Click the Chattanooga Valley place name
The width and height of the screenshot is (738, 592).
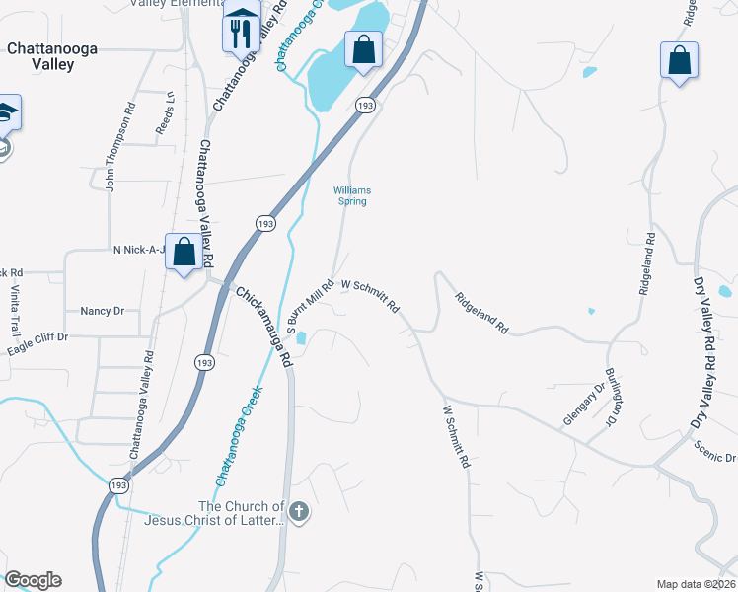(40, 55)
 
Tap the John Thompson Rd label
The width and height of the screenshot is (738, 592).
(111, 154)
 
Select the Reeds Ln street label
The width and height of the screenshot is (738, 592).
(165, 113)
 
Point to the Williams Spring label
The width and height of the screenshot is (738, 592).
(350, 195)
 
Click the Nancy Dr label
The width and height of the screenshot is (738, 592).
(102, 311)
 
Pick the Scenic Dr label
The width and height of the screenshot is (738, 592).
(714, 457)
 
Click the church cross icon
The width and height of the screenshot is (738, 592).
(300, 512)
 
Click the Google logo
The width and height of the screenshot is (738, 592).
(32, 580)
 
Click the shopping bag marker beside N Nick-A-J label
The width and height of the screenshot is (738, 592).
(184, 253)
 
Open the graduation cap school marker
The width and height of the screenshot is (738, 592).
(6, 113)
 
